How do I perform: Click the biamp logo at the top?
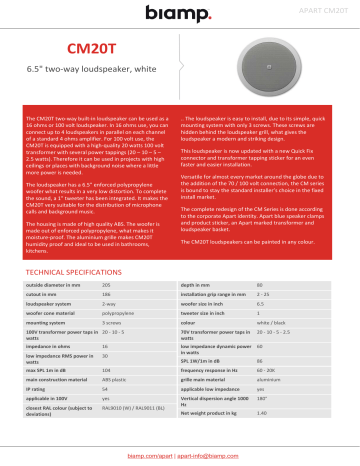180,12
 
